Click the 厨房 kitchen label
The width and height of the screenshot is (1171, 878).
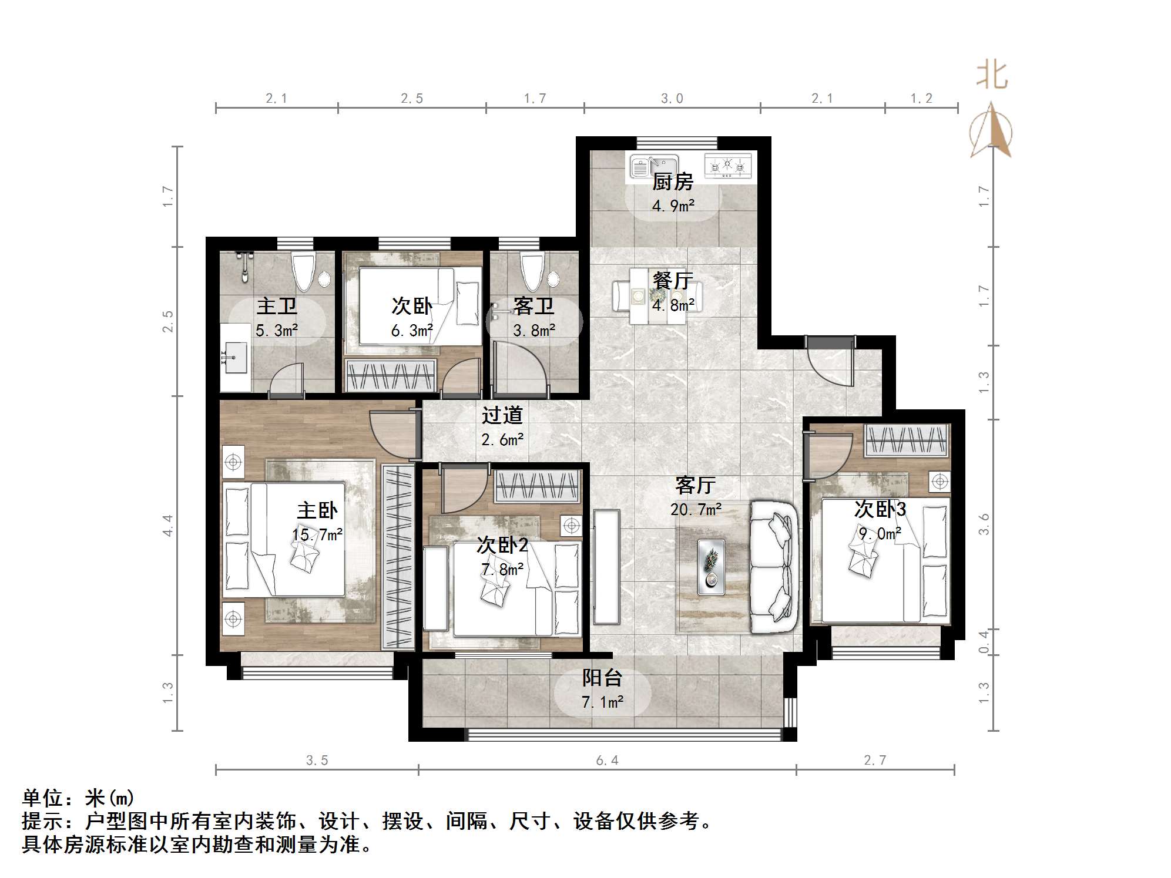point(672,182)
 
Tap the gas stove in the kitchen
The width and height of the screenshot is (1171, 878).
point(727,166)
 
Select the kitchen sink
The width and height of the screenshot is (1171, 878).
point(653,166)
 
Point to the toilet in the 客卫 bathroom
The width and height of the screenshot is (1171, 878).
point(532,271)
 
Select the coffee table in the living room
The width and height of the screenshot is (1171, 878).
point(711,567)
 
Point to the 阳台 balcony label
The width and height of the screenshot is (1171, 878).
point(602,678)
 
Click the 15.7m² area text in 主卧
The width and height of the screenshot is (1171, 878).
point(317,534)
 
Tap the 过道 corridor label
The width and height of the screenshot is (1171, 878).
point(502,415)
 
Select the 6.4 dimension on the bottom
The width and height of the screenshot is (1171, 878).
point(607,761)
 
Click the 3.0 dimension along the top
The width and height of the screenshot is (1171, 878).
point(672,99)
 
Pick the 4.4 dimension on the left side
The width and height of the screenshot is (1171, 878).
point(168,525)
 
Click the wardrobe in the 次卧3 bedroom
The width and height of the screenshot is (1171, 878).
point(907,440)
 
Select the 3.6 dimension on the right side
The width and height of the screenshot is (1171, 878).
point(984,524)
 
